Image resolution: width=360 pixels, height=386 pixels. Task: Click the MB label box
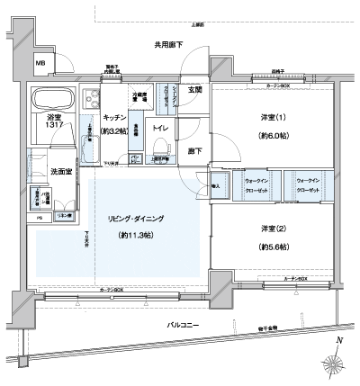point(41,63)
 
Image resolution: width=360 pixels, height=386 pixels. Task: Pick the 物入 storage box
point(217,186)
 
